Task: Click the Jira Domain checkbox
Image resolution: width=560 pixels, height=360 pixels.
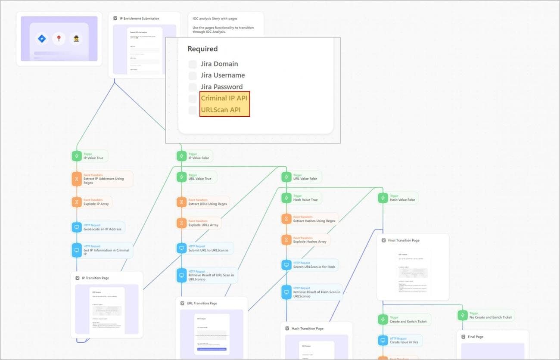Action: pos(193,64)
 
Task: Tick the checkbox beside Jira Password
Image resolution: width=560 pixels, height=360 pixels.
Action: pos(193,87)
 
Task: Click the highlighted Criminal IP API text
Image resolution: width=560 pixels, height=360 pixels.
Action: pos(224,98)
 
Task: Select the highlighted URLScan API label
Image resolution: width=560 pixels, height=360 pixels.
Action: pos(221,110)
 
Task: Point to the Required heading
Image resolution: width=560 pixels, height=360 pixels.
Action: pos(202,49)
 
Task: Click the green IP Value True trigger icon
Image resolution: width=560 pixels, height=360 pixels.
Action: pos(77,156)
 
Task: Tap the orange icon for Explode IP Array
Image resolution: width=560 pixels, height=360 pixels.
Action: pos(77,202)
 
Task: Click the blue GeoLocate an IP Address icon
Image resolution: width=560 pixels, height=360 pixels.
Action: pos(77,227)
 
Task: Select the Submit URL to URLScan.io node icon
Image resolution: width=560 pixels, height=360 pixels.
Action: pos(182,248)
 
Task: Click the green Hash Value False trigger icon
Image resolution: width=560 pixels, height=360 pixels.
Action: pos(383,198)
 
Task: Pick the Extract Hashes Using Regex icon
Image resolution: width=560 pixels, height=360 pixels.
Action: pos(286,219)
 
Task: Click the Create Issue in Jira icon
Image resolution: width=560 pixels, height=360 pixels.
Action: pos(383,341)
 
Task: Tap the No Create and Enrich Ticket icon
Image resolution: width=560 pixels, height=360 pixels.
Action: pos(462,315)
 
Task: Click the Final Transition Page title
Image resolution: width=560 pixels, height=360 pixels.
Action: pos(403,240)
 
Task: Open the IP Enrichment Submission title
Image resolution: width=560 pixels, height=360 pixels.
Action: pos(139,19)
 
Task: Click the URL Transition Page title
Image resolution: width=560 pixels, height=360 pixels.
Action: pos(202,303)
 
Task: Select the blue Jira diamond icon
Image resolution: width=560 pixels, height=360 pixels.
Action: pos(42,39)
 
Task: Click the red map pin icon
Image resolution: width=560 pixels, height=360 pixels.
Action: pos(59,39)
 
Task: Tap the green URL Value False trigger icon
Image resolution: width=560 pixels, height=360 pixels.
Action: pos(286,177)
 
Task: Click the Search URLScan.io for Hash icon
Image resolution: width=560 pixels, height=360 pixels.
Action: pos(286,265)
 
